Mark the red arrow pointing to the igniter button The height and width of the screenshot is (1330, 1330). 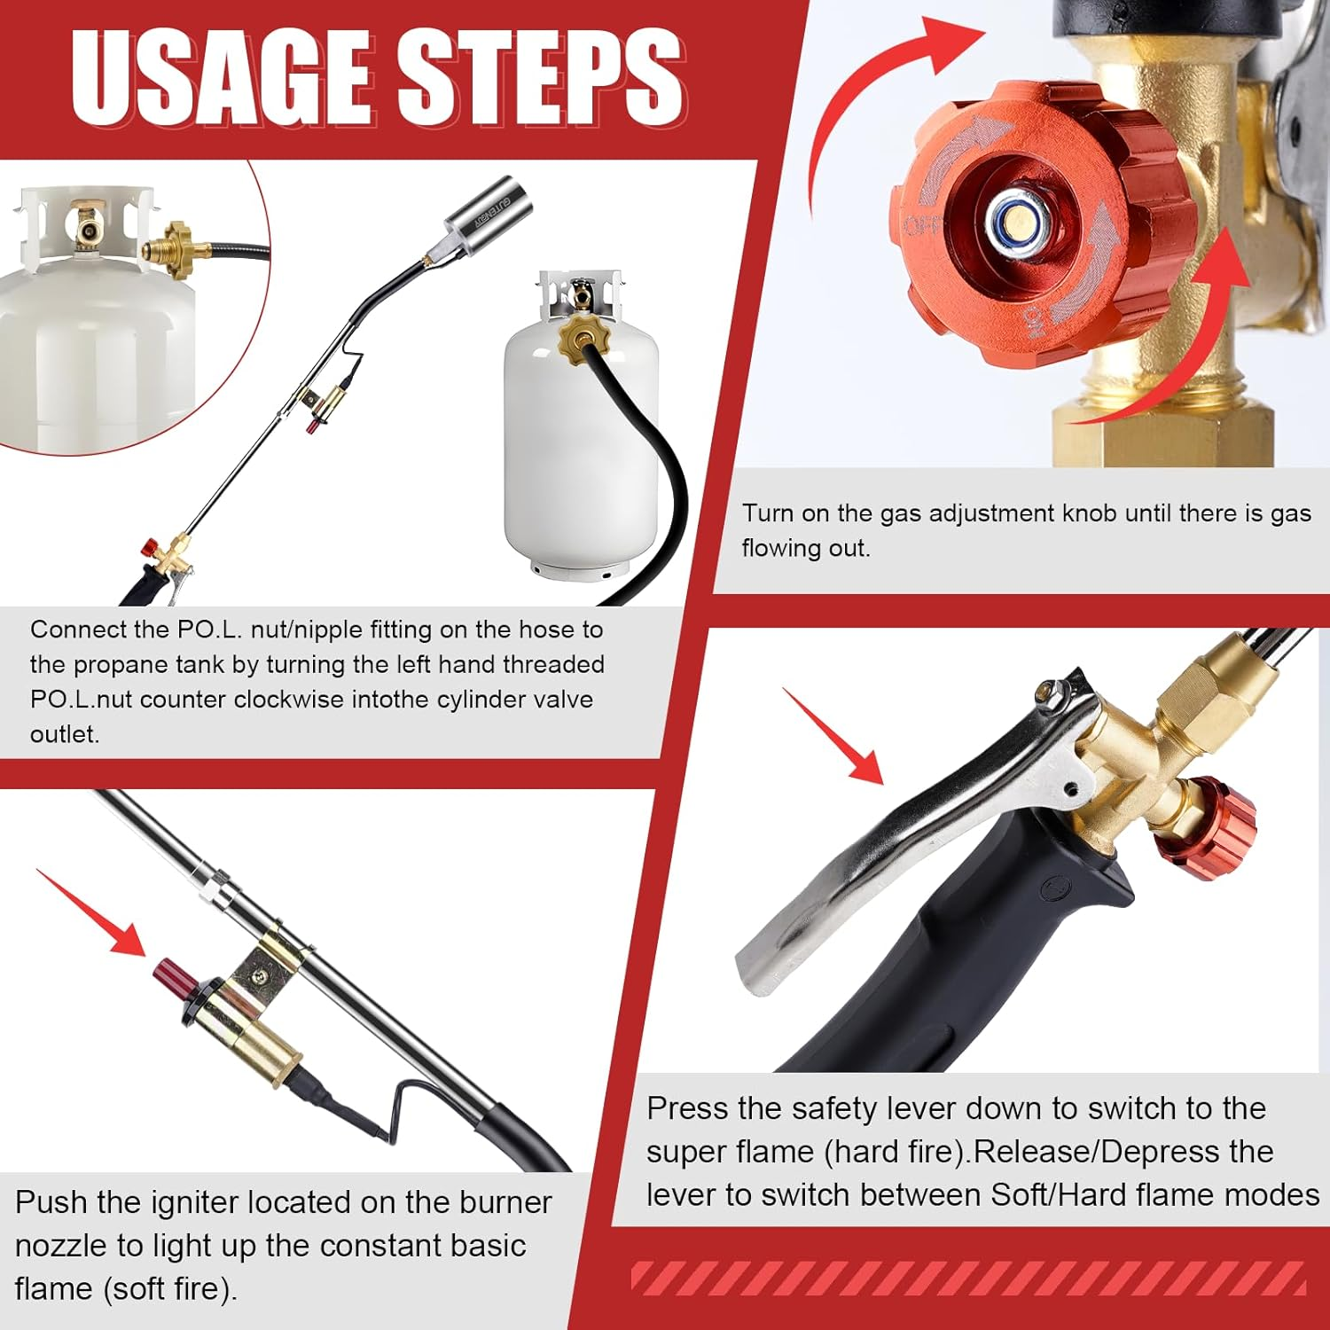click(93, 913)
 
